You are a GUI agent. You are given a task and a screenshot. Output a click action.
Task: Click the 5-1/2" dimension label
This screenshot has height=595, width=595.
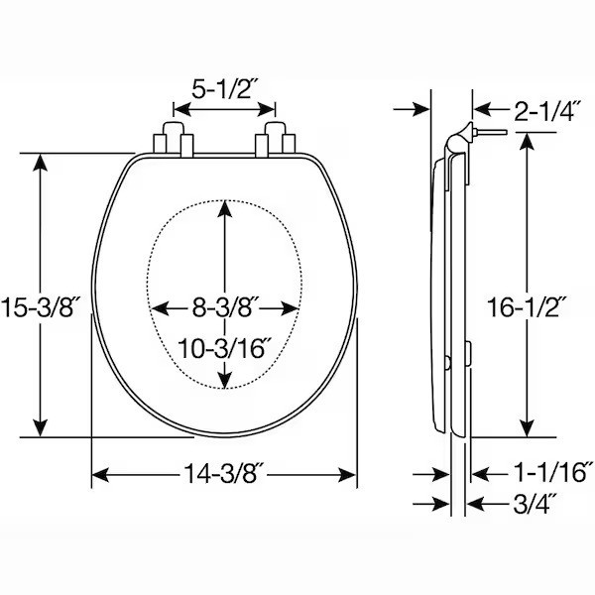(x=222, y=89)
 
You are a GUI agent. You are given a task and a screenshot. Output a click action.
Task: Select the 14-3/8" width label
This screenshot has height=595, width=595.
(x=224, y=473)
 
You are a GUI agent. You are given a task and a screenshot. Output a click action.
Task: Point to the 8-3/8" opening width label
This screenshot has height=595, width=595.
(x=224, y=307)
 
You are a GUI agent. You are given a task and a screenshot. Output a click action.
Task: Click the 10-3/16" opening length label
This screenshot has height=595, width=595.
(x=224, y=348)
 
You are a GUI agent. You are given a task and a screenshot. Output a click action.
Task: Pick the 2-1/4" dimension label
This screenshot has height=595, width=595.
(x=546, y=111)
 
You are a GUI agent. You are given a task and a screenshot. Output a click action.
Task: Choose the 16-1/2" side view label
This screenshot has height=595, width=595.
(x=527, y=307)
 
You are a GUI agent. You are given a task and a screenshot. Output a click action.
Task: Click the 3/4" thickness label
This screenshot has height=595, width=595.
(x=534, y=504)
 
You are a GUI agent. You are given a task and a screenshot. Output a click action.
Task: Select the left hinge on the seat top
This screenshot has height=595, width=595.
(x=174, y=139)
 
